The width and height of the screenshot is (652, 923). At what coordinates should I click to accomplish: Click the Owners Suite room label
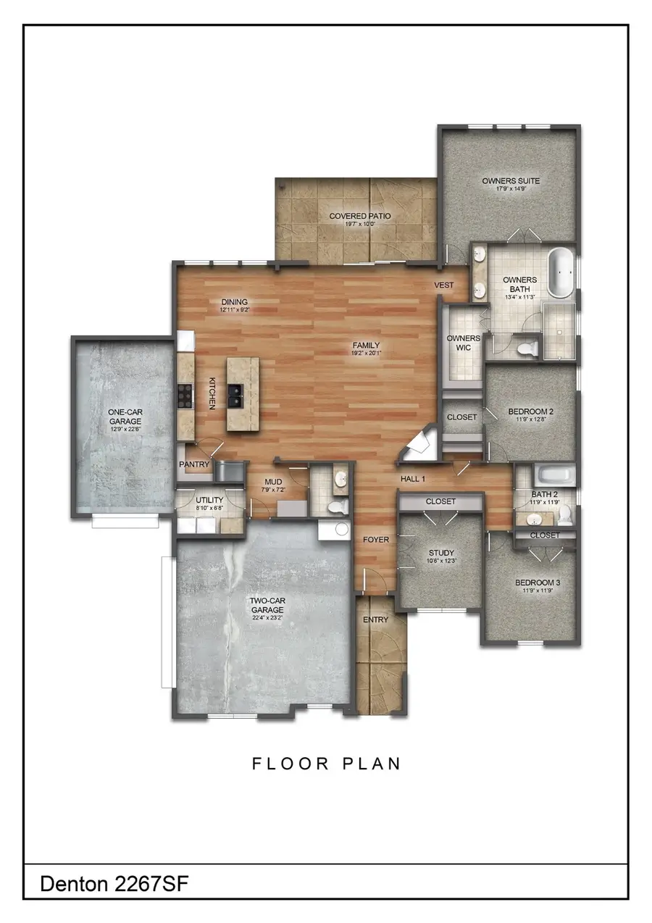click(511, 181)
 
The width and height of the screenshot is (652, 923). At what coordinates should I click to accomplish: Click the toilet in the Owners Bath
click(528, 348)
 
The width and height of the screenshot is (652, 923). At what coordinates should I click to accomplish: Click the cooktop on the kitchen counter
click(185, 397)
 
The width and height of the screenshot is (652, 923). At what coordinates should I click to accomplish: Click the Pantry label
click(193, 464)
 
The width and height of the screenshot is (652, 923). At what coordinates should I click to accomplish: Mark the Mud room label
click(274, 481)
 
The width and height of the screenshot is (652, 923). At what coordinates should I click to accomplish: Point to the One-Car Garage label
click(125, 416)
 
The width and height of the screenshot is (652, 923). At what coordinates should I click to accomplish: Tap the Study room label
click(440, 554)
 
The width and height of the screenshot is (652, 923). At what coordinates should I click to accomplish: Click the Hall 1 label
click(413, 479)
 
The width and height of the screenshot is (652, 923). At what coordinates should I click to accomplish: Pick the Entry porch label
click(375, 619)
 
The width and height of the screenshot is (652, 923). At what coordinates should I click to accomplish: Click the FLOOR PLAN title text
click(326, 764)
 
